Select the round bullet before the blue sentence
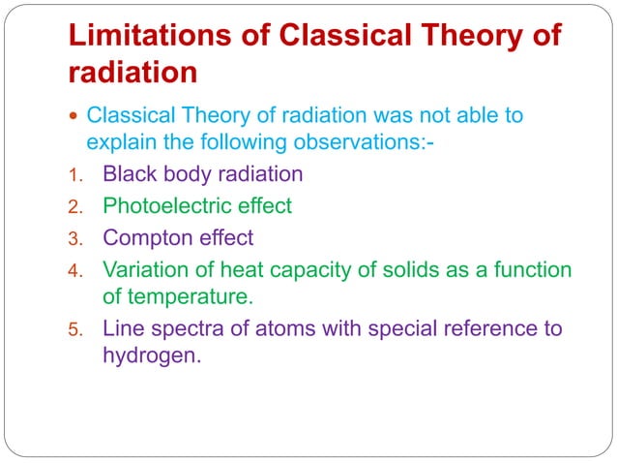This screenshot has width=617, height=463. [75, 117]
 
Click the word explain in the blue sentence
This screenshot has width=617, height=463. [121, 143]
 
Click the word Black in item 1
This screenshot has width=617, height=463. [132, 174]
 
